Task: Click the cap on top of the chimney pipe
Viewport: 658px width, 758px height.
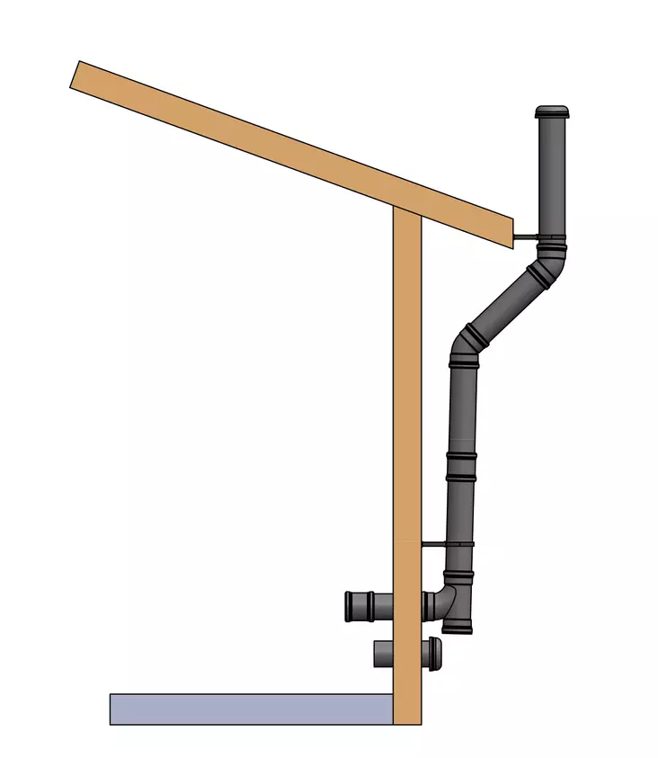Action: coord(552,112)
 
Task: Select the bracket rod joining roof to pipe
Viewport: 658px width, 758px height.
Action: coord(525,237)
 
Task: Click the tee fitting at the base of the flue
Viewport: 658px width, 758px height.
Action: coord(454,601)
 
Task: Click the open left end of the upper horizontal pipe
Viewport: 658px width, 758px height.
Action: coord(351,606)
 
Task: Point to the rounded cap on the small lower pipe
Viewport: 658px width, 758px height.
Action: coord(435,650)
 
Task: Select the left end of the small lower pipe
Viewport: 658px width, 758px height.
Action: coord(377,653)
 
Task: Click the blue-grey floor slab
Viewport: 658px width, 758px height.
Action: coord(252,709)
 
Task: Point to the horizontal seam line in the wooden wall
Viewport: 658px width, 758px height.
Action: coord(407,542)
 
